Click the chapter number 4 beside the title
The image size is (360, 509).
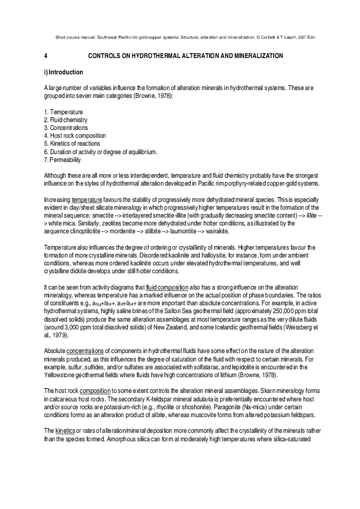46,56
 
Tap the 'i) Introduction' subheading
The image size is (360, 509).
66,73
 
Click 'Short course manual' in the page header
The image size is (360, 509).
71,37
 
